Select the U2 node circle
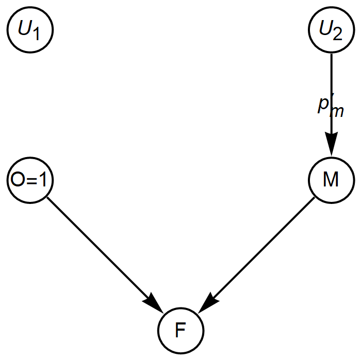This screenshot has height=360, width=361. coord(331,30)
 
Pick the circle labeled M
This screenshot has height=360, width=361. coord(331,180)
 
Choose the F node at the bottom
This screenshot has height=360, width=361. coord(180,330)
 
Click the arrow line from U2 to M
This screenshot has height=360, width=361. coord(331,82)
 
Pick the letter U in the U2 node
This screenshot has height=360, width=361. coord(325,28)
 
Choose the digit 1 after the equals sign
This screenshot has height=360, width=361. coord(42,180)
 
